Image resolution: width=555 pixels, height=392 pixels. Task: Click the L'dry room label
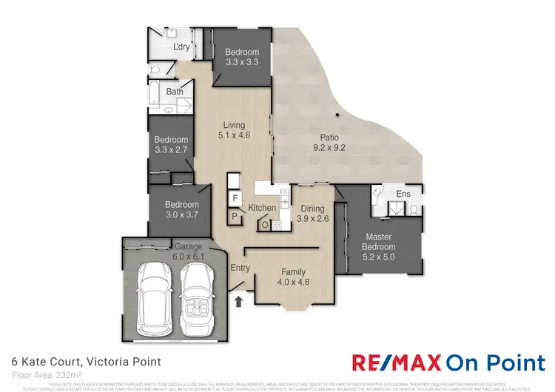coord(181,47)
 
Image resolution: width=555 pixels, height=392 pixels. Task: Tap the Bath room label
coord(175,92)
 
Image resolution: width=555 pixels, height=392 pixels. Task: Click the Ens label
coord(403,194)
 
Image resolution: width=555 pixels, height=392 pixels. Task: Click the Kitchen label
coord(262,208)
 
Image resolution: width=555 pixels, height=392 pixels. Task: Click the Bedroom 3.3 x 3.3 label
coord(242,57)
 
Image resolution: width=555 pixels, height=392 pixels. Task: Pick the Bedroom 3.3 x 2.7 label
coord(171,144)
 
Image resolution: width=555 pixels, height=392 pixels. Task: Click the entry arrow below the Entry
coord(239,302)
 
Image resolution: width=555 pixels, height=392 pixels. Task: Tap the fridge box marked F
coord(235,199)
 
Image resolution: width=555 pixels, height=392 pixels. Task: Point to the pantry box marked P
coord(235,217)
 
